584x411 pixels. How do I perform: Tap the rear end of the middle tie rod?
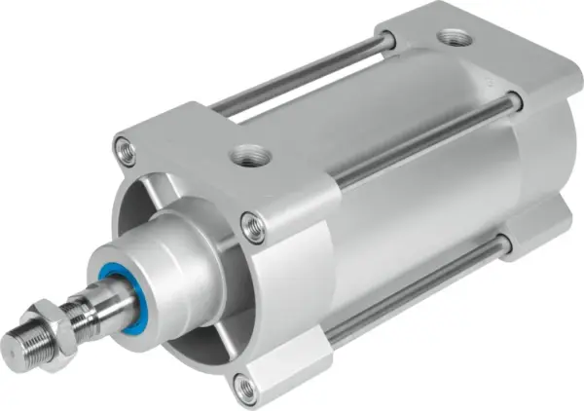coord(514,100)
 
